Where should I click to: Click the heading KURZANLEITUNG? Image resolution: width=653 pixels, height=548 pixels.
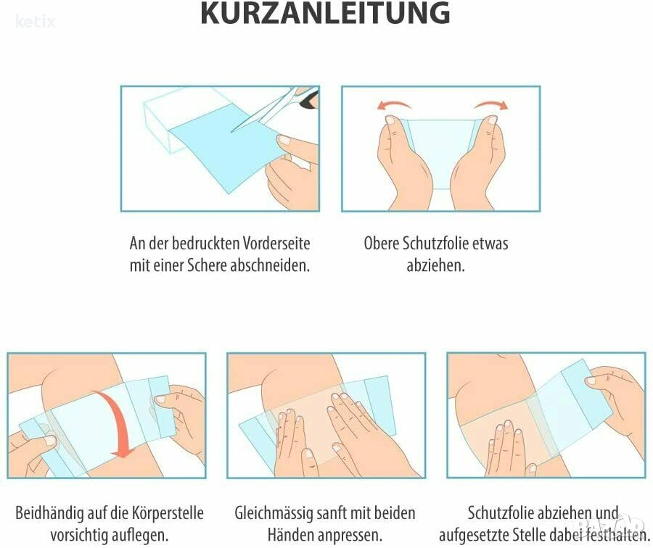tap(325, 13)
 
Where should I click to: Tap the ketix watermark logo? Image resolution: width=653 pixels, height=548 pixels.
tap(36, 21)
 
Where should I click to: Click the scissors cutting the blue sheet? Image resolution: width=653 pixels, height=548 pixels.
tap(275, 108)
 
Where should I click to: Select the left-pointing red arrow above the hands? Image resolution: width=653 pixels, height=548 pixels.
tap(394, 105)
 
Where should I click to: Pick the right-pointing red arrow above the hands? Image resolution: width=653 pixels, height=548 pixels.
tap(491, 105)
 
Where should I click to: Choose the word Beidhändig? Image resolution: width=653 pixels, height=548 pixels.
tap(49, 513)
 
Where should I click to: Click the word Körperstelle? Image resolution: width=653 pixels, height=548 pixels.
tap(168, 513)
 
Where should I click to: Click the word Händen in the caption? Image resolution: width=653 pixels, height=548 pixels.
tap(292, 535)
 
